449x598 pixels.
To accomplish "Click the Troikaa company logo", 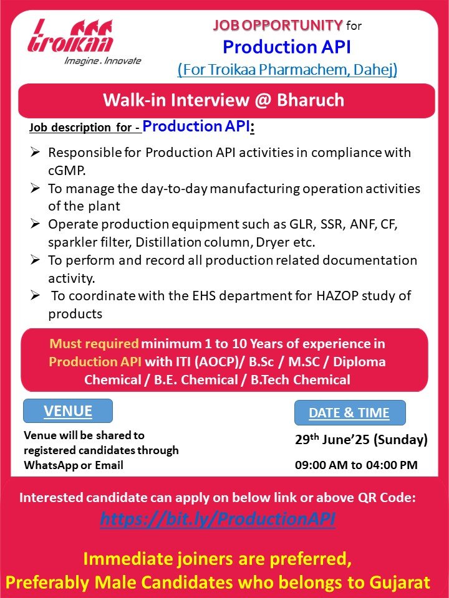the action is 70,36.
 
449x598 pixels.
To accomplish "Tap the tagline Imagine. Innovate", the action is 103,60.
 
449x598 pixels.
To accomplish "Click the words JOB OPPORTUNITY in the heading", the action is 278,26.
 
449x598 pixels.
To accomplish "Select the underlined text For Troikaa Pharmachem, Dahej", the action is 287,69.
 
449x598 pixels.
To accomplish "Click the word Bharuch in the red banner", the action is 311,100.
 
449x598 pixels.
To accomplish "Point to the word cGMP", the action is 67,171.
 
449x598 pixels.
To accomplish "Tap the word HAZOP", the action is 337,295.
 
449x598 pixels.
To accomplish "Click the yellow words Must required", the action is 94,344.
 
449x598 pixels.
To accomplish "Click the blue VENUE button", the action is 68,411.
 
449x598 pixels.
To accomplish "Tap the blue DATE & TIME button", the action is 350,412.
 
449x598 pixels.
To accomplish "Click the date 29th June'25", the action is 332,439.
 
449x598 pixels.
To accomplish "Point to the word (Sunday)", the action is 400,440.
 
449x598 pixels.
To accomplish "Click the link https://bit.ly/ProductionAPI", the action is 218,519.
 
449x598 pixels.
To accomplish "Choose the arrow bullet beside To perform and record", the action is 35,260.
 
